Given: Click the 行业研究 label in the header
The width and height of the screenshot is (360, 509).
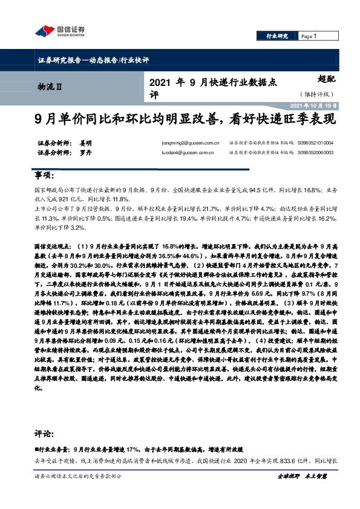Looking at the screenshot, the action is click(x=278, y=36).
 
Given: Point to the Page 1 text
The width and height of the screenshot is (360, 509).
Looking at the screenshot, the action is click(x=309, y=36).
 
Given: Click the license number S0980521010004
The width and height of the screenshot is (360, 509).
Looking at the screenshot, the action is click(x=315, y=143).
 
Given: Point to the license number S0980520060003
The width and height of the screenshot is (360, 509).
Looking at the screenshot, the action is click(x=315, y=154).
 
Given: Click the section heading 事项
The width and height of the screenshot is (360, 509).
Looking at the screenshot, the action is click(x=44, y=175).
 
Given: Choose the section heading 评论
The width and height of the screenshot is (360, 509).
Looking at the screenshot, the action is click(x=44, y=435).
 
